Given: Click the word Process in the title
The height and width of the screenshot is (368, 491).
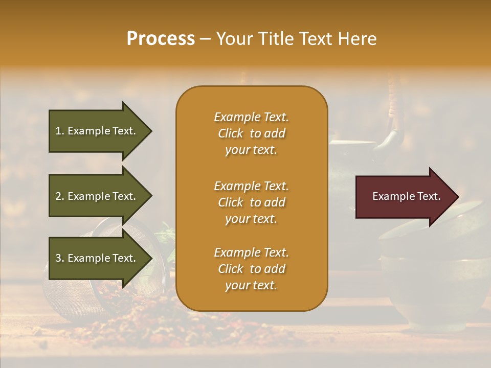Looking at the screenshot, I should point(161,39).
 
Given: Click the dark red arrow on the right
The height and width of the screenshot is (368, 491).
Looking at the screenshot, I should point(404,197).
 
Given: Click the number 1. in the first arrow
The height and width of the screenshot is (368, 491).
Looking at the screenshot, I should point(60,131).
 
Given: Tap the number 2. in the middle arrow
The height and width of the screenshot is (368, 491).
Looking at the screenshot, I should point(60,196).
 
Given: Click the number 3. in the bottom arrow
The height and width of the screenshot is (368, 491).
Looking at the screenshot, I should point(60,258).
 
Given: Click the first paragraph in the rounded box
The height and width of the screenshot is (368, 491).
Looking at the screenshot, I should point(251,133).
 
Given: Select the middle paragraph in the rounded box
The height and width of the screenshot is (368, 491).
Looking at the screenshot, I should point(251,202).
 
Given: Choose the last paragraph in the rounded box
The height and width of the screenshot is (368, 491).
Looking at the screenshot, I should point(251,269).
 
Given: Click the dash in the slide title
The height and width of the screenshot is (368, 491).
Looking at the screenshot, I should point(205,39).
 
